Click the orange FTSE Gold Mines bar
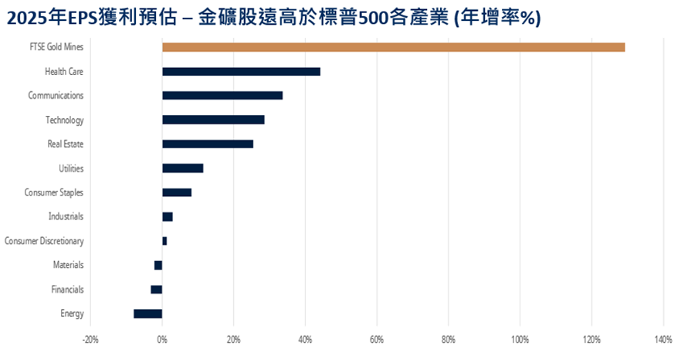pos(393,47)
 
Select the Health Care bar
pos(241,72)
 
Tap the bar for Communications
pos(222,96)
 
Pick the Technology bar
pos(213,120)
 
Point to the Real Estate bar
pos(208,144)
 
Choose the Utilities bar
pos(183,168)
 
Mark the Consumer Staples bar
pos(177,192)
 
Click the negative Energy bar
pos(147,314)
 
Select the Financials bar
pos(156,289)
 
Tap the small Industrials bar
pos(168,216)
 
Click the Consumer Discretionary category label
pos(44,241)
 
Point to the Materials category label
pos(68,265)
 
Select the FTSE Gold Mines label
pos(55,48)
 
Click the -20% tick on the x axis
pos(90,338)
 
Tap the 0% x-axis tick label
pos(162,338)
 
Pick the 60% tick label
pos(377,338)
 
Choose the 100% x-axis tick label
pos(520,338)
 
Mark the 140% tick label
pos(663,338)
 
